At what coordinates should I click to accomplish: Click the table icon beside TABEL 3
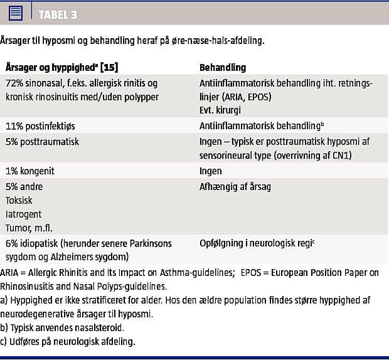(x=17, y=13)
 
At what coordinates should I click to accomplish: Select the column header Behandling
(x=223, y=67)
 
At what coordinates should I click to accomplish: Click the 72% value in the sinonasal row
(x=15, y=83)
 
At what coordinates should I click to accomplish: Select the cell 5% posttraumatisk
(x=43, y=142)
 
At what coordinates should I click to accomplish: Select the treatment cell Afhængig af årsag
(x=235, y=186)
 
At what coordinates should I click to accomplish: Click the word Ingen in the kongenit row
(x=211, y=170)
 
